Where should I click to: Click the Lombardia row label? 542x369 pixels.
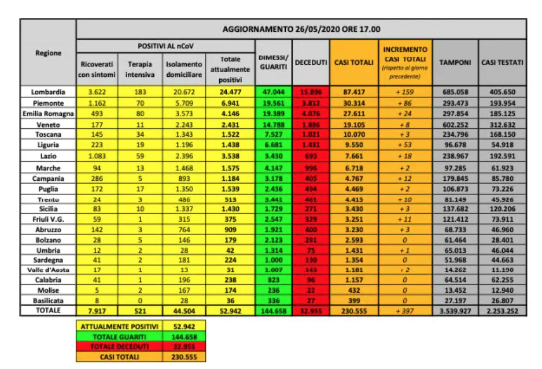(x=49, y=92)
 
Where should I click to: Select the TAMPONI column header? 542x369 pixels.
(x=455, y=62)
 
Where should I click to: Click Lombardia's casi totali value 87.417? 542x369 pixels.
(x=353, y=92)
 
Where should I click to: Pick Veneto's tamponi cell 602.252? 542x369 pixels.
(x=455, y=123)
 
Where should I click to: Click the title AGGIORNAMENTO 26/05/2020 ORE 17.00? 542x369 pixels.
(x=301, y=29)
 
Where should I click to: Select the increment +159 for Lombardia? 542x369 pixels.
(x=404, y=92)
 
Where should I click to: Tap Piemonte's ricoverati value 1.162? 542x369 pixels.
(x=98, y=102)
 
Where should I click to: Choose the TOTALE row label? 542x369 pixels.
(x=49, y=311)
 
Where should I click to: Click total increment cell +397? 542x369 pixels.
(x=404, y=311)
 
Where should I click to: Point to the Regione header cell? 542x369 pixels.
(x=49, y=53)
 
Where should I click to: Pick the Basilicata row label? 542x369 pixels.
(x=49, y=300)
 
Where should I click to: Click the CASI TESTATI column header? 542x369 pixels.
(x=502, y=62)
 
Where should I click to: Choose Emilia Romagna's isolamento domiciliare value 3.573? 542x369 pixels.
(x=183, y=113)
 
